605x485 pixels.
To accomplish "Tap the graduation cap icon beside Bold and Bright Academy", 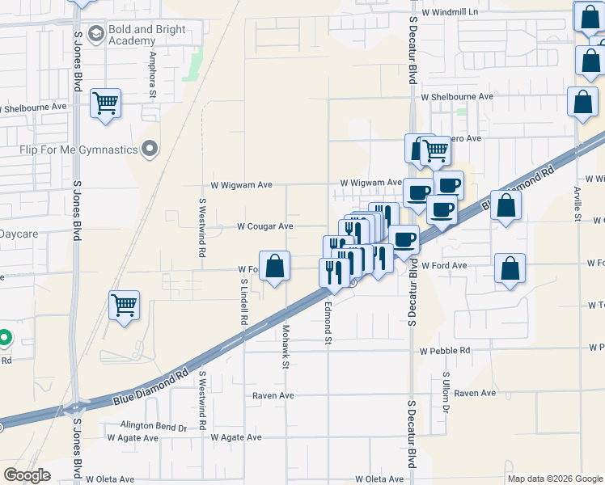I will point(96,33).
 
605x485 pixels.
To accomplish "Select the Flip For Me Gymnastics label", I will point(78,150).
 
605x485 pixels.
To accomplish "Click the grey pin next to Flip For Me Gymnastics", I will point(149,149).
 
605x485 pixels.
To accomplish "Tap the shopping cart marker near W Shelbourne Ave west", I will point(105,103).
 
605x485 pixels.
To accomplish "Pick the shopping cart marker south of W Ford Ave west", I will point(124,306).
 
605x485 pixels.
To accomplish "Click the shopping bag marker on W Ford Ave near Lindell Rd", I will point(275,267).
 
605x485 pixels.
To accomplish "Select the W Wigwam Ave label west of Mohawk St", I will point(241,185).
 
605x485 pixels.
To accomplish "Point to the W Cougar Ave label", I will point(264,227).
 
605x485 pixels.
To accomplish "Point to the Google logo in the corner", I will point(27,475).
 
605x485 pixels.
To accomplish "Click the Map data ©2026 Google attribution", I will point(555,479).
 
